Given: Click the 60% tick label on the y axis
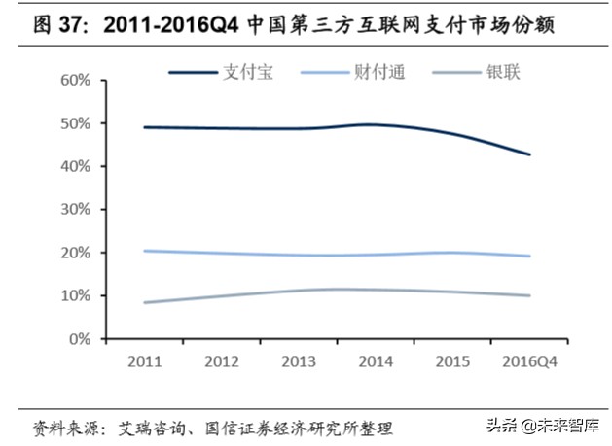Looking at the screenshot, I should (75, 80).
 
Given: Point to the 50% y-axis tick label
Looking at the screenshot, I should (75, 123).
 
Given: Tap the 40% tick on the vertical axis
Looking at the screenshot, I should (75, 166).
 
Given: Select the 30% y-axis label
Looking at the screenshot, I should (75, 209).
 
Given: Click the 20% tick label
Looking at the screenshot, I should (75, 253).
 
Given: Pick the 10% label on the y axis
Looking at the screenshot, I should (75, 295).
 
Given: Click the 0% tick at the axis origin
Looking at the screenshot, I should (79, 339).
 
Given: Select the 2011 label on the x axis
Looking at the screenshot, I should (143, 361).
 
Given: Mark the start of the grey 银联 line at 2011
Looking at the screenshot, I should (143, 302).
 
